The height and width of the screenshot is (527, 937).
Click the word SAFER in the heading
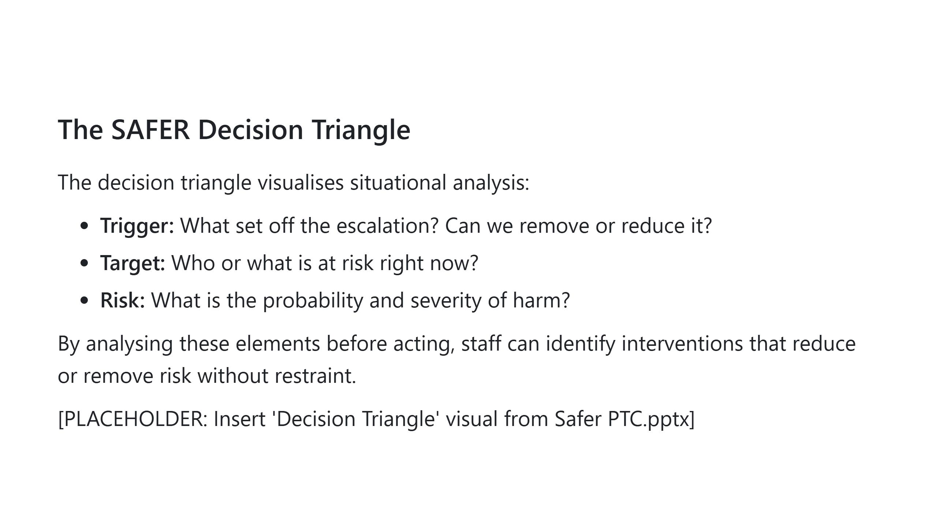pyautogui.click(x=150, y=130)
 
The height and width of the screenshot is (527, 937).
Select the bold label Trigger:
pyautogui.click(x=137, y=226)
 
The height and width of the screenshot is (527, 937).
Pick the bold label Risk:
pyautogui.click(x=123, y=300)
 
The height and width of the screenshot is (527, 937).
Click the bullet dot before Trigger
pyautogui.click(x=84, y=225)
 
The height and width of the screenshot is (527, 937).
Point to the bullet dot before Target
pyautogui.click(x=84, y=263)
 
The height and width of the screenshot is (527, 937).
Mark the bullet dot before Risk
pyautogui.click(x=84, y=300)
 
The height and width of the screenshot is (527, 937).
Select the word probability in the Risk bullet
pyautogui.click(x=313, y=301)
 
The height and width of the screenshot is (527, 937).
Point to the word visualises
pyautogui.click(x=300, y=182)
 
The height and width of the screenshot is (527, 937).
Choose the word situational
pyautogui.click(x=398, y=182)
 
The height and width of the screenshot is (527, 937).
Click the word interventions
pyautogui.click(x=682, y=344)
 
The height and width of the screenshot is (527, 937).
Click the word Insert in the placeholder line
pyautogui.click(x=239, y=419)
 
